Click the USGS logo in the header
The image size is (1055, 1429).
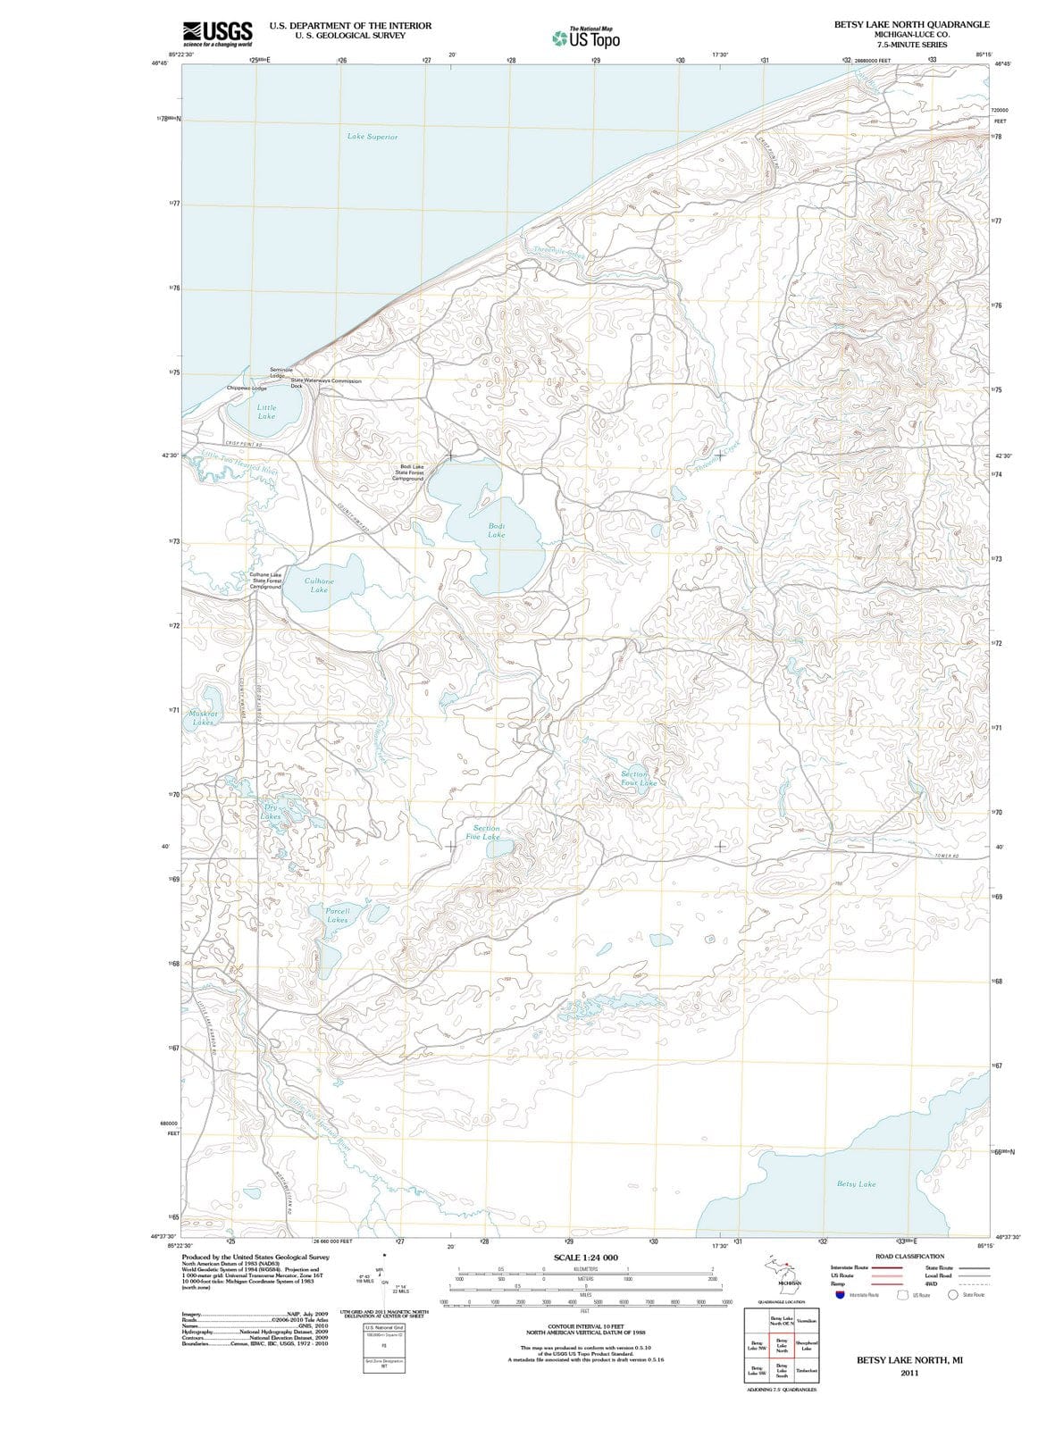tap(217, 33)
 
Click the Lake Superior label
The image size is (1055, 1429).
tap(373, 137)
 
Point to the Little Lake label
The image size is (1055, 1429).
tap(266, 412)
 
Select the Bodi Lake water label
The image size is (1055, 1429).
tap(497, 530)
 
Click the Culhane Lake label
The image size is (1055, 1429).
tap(319, 585)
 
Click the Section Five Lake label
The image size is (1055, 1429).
tap(486, 832)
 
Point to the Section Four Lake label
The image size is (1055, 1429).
tap(638, 778)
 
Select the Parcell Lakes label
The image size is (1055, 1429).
tap(338, 914)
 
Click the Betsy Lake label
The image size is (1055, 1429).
tap(856, 1183)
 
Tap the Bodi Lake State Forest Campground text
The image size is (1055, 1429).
tap(409, 472)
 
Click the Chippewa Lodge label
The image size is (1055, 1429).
tap(247, 389)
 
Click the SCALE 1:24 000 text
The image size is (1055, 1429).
tap(585, 1258)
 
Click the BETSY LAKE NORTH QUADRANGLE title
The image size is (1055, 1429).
tap(911, 25)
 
